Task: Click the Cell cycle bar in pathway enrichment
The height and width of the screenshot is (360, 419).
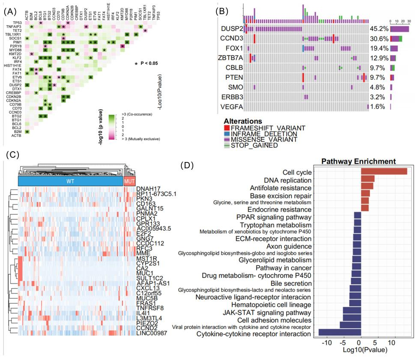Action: (384, 171)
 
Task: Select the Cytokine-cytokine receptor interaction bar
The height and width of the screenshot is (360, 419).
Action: (339, 332)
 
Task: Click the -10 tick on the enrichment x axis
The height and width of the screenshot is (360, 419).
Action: (327, 344)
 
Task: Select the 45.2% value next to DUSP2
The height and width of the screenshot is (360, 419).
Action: (379, 29)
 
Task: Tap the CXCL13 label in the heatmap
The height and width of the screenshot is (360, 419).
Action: (147, 287)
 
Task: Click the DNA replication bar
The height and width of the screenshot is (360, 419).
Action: (368, 179)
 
